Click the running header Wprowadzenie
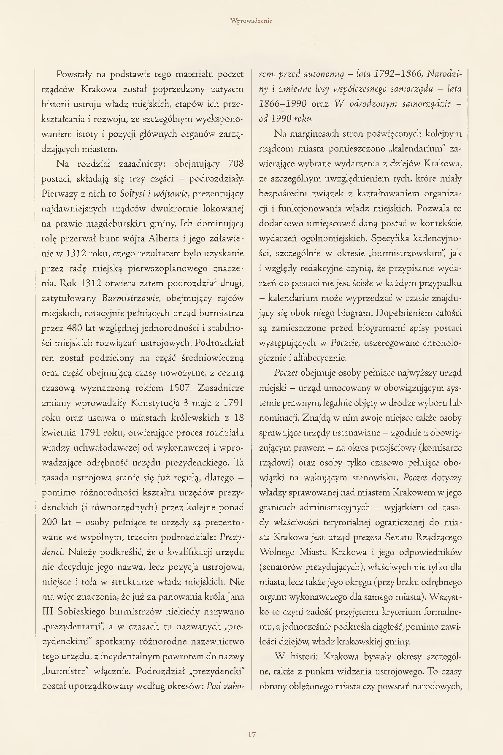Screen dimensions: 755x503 251,20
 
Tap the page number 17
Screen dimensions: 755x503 251,735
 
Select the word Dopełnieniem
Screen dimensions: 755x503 410,313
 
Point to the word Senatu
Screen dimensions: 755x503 401,537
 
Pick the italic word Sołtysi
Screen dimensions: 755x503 133,194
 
